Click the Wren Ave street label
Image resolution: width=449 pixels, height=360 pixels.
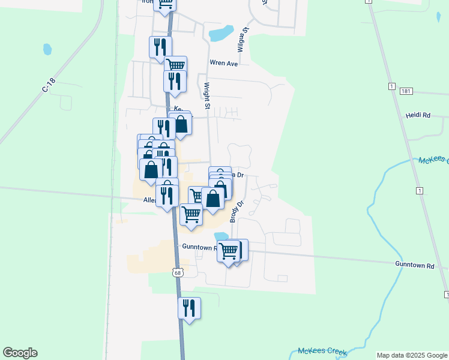pyautogui.click(x=224, y=62)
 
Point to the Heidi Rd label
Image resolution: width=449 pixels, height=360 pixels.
pyautogui.click(x=418, y=115)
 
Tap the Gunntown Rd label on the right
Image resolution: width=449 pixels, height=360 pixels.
pyautogui.click(x=414, y=265)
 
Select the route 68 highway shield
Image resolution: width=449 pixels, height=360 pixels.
pyautogui.click(x=177, y=272)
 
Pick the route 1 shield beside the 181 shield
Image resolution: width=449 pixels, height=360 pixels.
pyautogui.click(x=391, y=86)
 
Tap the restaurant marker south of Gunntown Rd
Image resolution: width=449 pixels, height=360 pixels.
pyautogui.click(x=189, y=308)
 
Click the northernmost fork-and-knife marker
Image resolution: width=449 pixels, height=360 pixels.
pyautogui.click(x=160, y=47)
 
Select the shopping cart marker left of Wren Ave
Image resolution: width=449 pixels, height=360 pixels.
pyautogui.click(x=175, y=66)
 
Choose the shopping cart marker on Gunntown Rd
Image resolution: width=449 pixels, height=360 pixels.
pyautogui.click(x=228, y=251)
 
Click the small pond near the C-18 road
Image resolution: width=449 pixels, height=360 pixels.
pyautogui.click(x=47, y=49)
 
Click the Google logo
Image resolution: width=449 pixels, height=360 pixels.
pyautogui.click(x=20, y=353)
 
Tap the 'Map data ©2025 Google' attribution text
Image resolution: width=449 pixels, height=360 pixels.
pyautogui.click(x=411, y=355)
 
